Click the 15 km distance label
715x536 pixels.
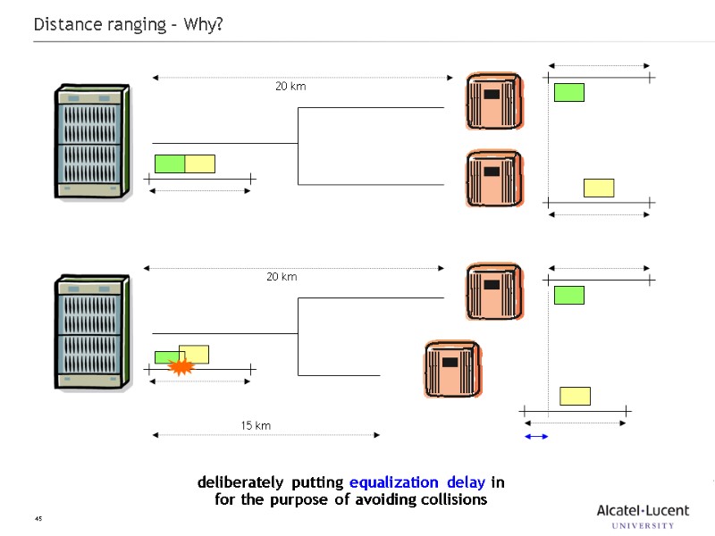[256, 426]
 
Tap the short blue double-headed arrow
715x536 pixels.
[536, 436]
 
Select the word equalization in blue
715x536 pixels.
[394, 482]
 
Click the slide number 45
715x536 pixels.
[38, 519]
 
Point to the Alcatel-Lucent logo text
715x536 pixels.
[643, 510]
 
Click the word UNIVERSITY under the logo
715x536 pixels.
[643, 526]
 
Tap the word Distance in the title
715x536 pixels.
[65, 24]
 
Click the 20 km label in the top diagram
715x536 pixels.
[290, 87]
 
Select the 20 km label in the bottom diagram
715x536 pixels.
[282, 277]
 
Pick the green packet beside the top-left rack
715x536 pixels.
[170, 163]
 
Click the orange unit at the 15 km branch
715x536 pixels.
[452, 369]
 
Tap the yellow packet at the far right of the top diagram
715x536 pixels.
[599, 188]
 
